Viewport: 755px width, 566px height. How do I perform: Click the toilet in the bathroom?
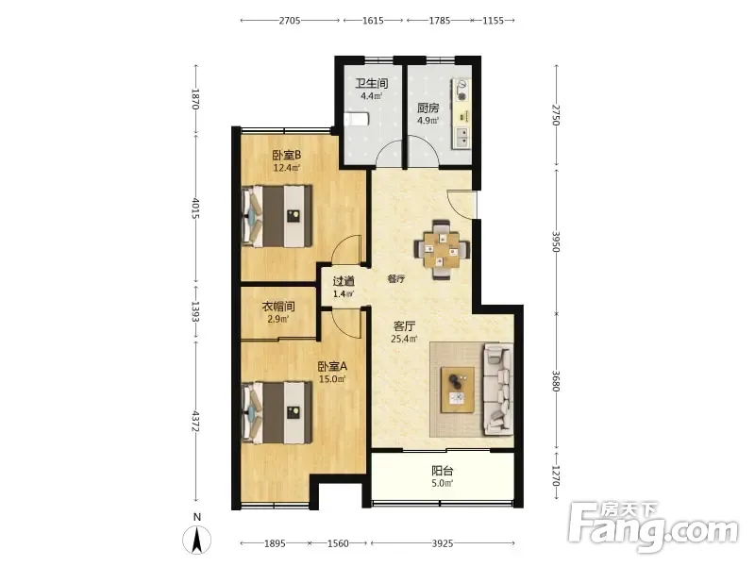coord(357,118)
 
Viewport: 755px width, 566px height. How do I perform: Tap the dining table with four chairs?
coord(442,249)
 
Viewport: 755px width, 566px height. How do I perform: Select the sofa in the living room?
coord(498,389)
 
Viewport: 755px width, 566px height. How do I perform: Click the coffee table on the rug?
coord(458,390)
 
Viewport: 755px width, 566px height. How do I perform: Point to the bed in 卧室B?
coord(277,216)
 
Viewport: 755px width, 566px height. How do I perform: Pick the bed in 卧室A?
coord(277,412)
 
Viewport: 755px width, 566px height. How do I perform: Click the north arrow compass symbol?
coord(196,540)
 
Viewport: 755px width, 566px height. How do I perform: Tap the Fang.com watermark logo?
coord(652,527)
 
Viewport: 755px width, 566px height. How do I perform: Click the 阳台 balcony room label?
coord(442,470)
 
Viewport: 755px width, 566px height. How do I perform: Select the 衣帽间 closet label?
coord(278,306)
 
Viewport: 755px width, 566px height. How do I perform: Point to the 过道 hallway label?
coord(344,281)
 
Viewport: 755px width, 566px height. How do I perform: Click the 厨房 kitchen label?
coord(428,108)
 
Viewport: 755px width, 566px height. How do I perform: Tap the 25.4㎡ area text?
coord(404,339)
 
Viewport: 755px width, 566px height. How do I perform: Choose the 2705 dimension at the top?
coord(290,20)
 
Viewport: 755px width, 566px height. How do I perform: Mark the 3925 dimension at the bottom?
coord(442,543)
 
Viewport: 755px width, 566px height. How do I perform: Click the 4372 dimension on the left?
coord(195,421)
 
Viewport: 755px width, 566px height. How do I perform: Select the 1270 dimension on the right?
coord(556,475)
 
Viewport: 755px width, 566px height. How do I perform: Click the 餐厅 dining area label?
coord(396,278)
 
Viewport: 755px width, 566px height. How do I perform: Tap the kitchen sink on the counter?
coord(461,137)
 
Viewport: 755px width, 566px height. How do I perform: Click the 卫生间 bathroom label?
coord(372,83)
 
